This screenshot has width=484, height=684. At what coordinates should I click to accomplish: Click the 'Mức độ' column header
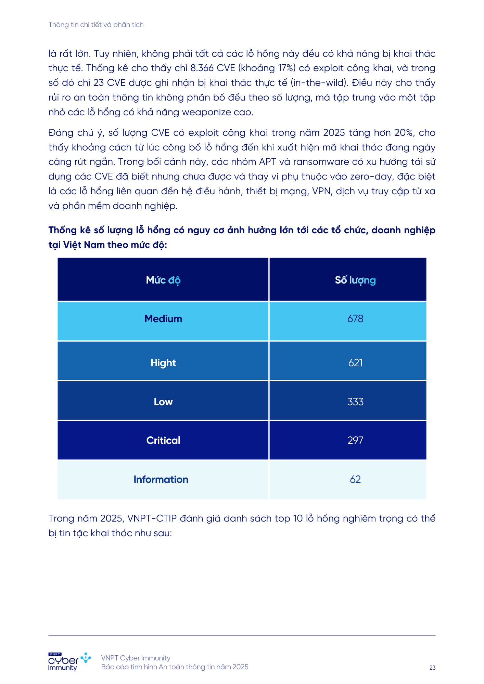click(163, 280)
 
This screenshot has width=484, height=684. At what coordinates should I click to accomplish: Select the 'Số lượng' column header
click(355, 280)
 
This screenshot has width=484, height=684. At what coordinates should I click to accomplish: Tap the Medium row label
click(163, 319)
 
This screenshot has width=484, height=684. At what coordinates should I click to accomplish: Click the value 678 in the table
click(355, 319)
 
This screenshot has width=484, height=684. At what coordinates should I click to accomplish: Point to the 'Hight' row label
click(163, 363)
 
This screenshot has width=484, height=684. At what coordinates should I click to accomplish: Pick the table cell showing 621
click(355, 363)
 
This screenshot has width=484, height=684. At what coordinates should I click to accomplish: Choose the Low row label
click(163, 402)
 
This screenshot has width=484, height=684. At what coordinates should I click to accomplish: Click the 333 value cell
click(355, 402)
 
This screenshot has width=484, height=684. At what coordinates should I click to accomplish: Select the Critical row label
click(163, 440)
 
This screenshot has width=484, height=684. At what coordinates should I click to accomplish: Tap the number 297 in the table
click(355, 440)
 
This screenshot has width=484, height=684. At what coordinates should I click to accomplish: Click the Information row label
click(161, 479)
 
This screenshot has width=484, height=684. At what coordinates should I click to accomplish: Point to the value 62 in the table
click(355, 479)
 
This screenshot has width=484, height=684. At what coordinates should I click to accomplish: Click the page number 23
click(432, 668)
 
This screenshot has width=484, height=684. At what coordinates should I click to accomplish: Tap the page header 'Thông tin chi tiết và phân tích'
click(96, 25)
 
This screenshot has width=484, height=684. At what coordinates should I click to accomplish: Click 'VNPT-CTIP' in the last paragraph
click(152, 518)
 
